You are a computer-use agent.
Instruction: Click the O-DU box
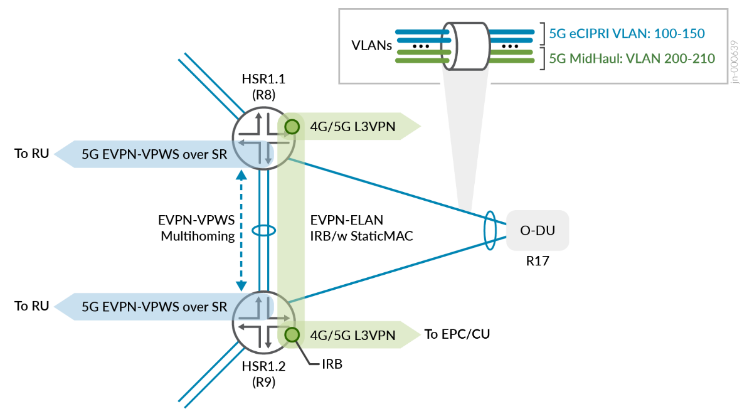[538, 230]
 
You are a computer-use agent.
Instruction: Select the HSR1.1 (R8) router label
[263, 87]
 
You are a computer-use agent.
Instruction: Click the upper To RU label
[31, 153]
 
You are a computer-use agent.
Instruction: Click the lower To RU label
[31, 306]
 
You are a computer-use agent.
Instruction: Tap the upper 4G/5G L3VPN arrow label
[352, 128]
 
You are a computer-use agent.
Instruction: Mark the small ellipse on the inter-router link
[263, 230]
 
